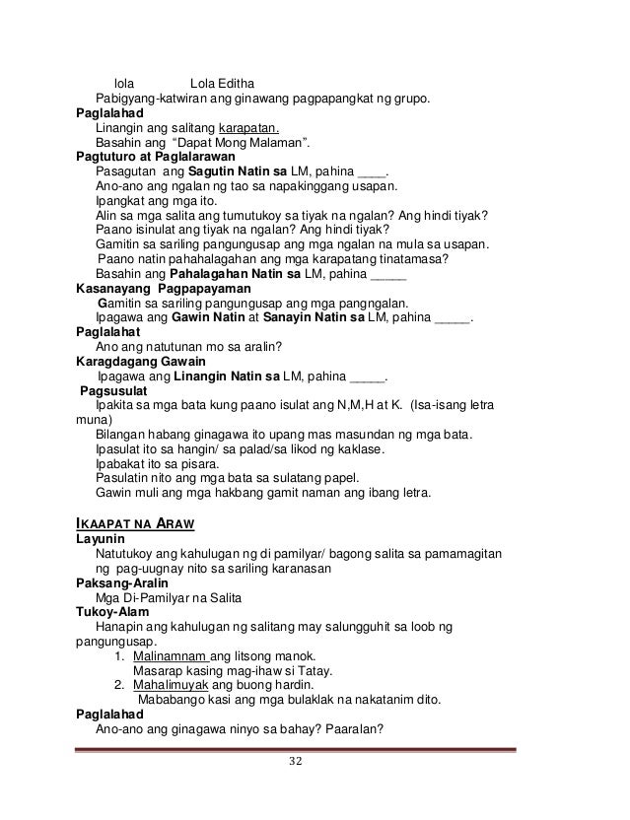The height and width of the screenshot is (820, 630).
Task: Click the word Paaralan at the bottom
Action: coord(360,729)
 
